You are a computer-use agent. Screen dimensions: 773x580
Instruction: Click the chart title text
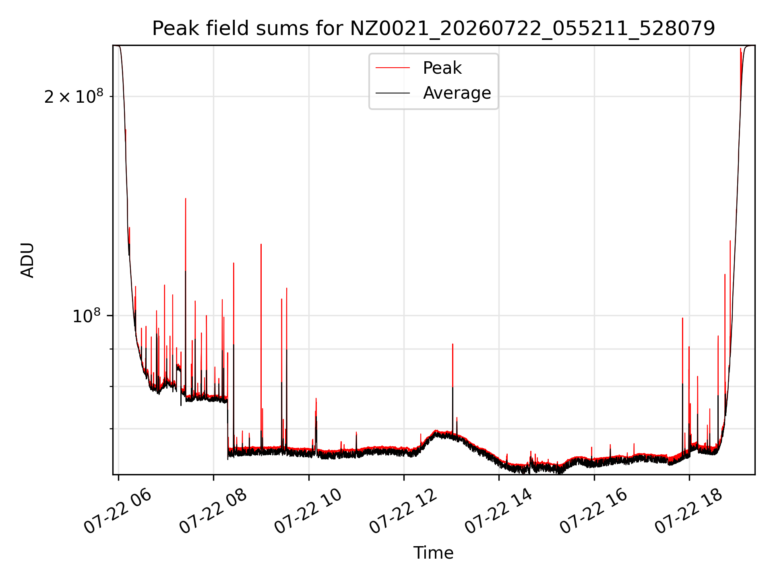434,29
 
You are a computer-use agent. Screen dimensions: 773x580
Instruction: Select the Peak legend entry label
442,68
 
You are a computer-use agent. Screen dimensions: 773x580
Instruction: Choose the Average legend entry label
457,93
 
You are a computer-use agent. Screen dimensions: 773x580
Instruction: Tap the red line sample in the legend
393,68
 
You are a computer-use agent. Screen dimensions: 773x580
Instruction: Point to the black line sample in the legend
393,93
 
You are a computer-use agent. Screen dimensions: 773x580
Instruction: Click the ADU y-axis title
27,260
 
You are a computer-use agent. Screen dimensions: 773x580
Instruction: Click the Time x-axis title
434,553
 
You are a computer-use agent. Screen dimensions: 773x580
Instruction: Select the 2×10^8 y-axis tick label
74,96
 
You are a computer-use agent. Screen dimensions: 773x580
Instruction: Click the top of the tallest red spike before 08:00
186,199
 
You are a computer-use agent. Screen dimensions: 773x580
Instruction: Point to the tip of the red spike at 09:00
261,244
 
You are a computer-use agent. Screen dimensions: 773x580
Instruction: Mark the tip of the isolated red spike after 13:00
453,344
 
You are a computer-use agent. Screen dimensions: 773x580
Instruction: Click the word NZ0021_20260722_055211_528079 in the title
533,29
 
